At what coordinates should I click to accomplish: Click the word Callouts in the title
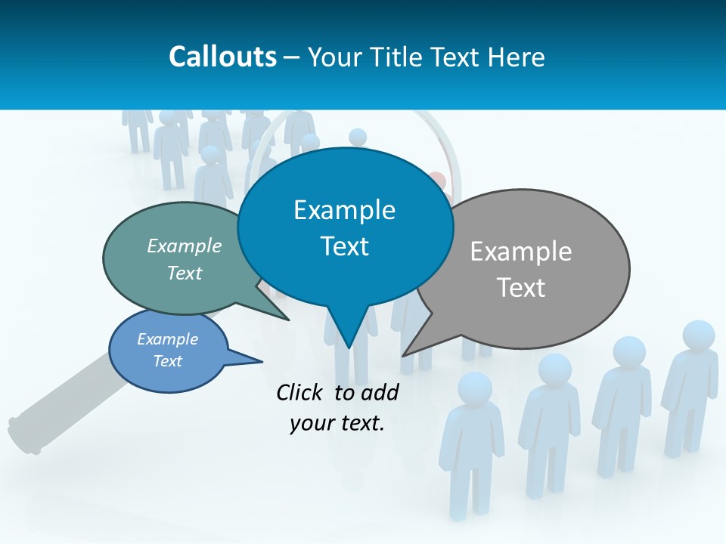[x=222, y=57]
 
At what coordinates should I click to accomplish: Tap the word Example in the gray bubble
[x=521, y=252]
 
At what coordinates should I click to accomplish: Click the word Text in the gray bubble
[x=521, y=287]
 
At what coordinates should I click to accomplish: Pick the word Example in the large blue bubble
[x=344, y=210]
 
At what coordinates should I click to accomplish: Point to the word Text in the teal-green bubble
[x=185, y=273]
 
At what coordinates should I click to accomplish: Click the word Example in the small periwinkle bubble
[x=167, y=339]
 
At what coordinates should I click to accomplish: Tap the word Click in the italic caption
[x=302, y=392]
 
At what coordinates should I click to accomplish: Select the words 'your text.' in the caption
[x=337, y=423]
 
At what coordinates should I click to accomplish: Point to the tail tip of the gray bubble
[x=404, y=354]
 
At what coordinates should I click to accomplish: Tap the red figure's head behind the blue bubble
[x=437, y=180]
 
